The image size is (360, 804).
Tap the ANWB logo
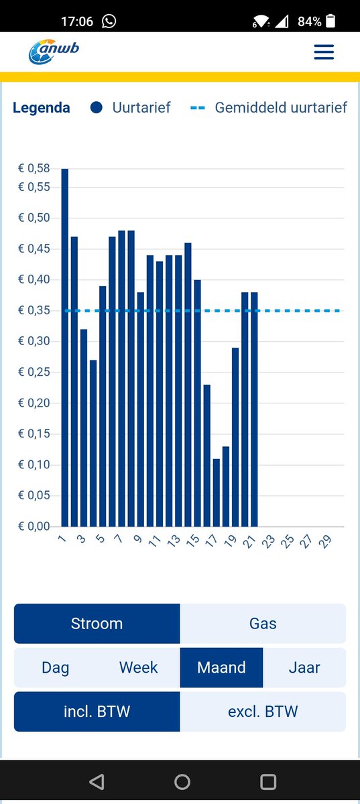54,52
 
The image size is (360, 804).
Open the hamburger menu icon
324,52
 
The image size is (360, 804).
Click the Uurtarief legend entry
131,107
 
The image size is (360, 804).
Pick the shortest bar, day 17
217,492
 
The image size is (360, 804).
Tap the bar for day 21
254,409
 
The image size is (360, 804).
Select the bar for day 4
93,443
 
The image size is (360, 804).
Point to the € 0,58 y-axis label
34,168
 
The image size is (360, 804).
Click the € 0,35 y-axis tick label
34,311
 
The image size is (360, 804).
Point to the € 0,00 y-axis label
34,527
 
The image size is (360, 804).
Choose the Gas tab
263,624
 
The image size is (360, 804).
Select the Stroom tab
97,624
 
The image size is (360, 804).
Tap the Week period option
139,668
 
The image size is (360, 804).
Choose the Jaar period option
304,668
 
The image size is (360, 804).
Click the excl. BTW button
263,712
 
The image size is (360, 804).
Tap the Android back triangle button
97,782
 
